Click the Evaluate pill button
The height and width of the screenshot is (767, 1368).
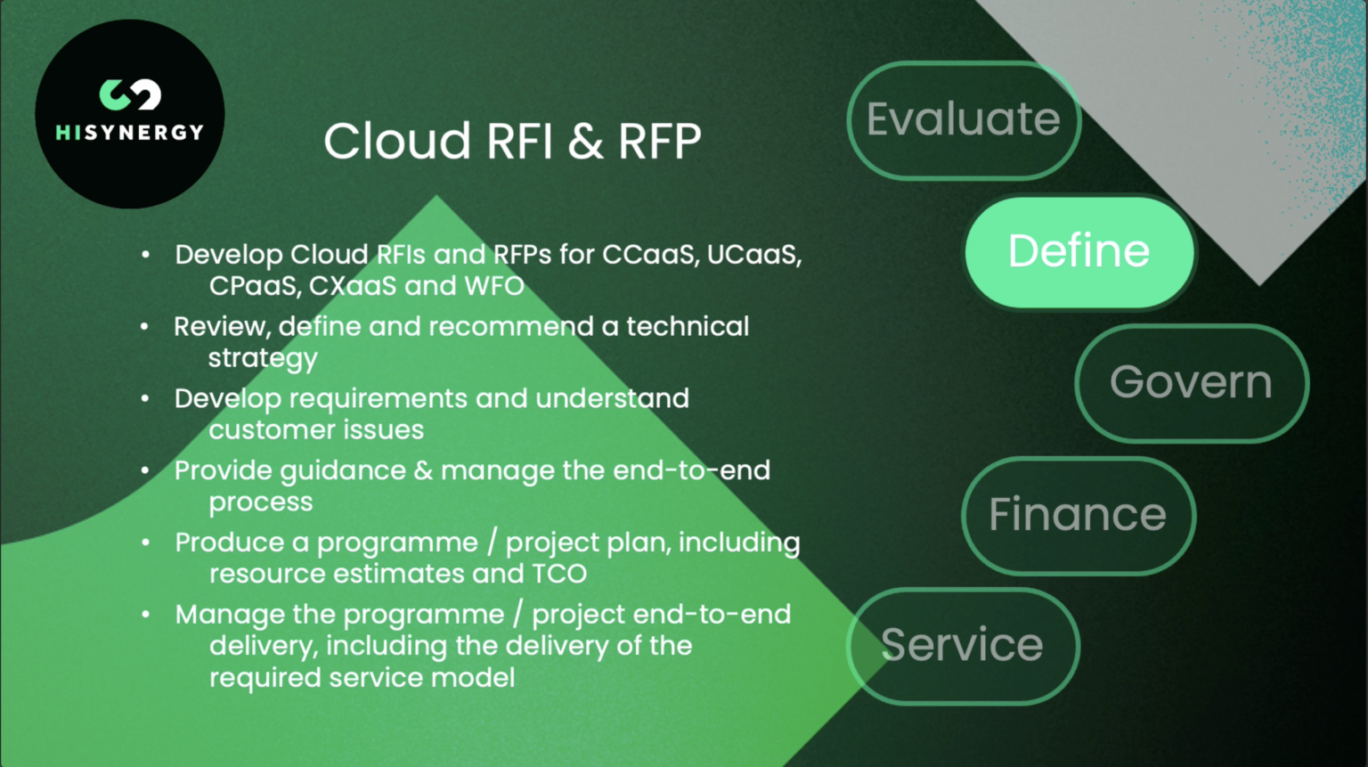point(964,120)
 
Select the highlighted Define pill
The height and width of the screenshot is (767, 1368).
point(1079,252)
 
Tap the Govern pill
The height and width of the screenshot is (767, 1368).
point(1191,383)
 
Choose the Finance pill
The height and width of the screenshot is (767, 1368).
point(1078,516)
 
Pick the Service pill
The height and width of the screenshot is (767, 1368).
point(962,646)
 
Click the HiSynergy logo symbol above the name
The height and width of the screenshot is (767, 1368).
point(130,94)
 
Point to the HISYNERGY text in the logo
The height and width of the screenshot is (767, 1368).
point(130,133)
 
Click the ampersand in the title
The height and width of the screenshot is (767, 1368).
point(585,142)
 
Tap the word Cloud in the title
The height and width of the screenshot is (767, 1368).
point(397,142)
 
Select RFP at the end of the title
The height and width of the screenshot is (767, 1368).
point(660,142)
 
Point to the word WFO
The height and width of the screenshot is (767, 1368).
point(494,286)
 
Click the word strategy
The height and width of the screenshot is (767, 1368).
point(263,359)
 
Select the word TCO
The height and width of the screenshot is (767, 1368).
point(559,574)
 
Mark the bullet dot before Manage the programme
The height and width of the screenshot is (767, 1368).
point(145,615)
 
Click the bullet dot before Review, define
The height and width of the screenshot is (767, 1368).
point(144,327)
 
